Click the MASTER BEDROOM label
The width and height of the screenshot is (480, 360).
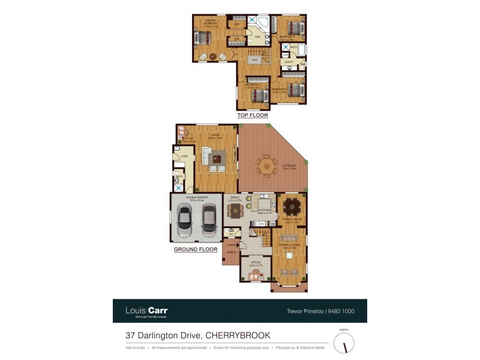pos(210,22)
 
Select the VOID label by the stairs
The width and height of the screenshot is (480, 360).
pos(254,60)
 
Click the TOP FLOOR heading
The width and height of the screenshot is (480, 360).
pos(253,115)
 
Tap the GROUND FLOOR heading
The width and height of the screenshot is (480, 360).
pos(196,248)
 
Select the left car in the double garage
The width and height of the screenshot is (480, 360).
pos(185,220)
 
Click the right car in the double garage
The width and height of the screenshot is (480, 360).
pos(209,220)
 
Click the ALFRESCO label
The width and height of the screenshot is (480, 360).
pos(290,166)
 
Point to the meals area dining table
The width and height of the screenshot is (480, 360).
pos(235,209)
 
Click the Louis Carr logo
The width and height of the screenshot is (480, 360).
pos(146,311)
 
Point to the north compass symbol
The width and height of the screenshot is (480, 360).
pos(344,343)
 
